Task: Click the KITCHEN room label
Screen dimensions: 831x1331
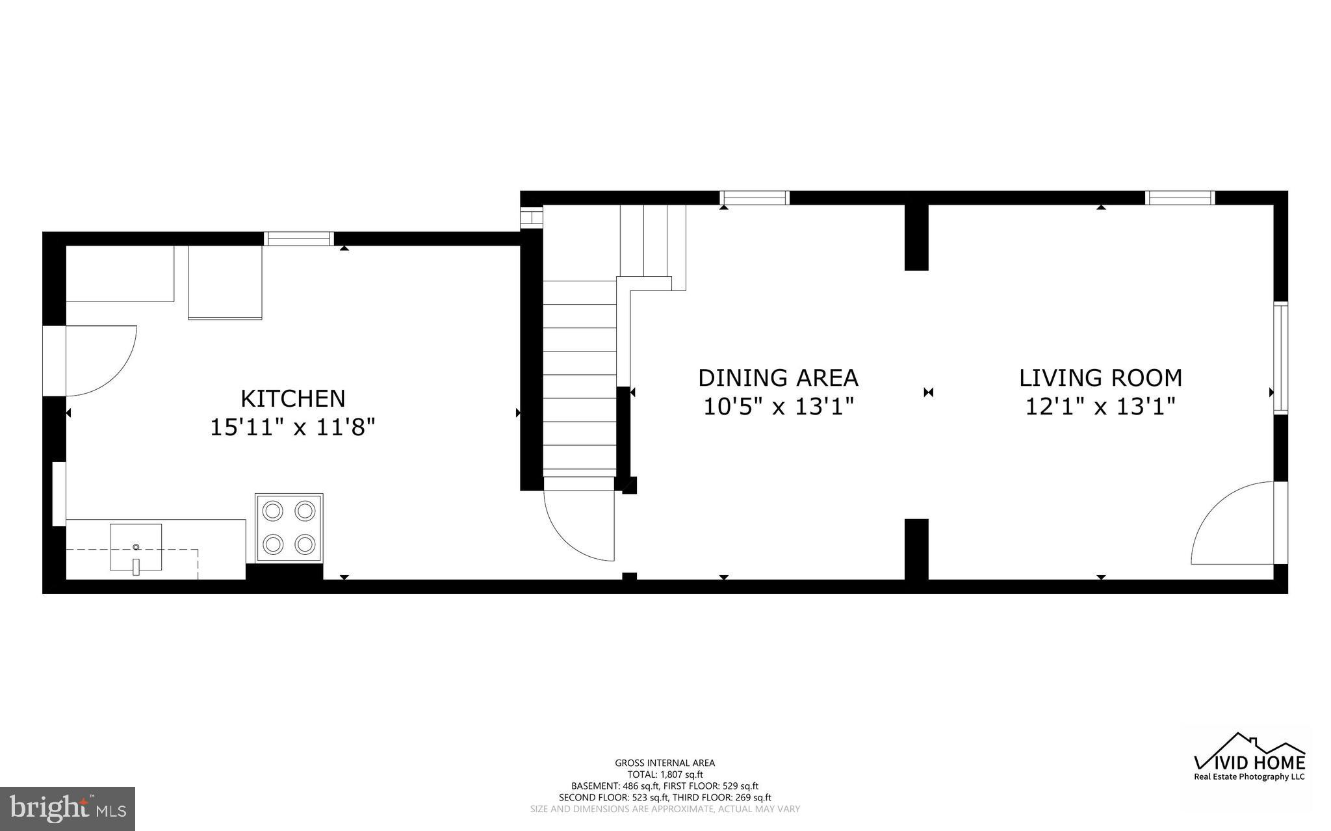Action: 292,398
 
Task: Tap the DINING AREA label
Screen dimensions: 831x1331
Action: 778,377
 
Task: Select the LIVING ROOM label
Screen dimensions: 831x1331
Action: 1100,377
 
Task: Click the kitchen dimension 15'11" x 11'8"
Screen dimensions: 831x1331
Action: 292,428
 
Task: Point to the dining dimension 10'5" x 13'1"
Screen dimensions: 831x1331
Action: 778,407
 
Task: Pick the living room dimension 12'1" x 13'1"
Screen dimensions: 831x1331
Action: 1100,407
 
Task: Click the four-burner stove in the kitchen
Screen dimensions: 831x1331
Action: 289,527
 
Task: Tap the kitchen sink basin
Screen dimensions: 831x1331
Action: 136,547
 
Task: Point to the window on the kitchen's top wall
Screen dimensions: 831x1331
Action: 299,238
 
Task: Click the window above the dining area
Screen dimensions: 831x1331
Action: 754,198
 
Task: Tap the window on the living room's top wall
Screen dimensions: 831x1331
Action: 1180,198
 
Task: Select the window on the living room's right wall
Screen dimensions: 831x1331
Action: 1280,358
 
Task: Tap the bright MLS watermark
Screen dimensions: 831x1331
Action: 68,808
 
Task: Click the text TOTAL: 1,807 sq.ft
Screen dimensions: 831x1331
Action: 665,774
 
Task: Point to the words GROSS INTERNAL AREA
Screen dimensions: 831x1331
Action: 665,763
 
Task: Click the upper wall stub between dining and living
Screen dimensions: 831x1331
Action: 916,237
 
